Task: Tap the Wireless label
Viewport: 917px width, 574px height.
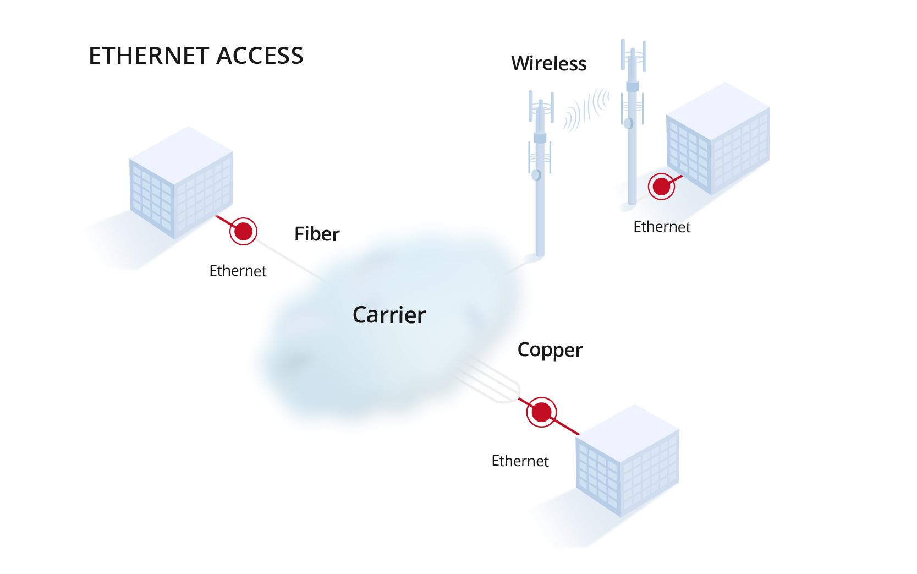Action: point(548,64)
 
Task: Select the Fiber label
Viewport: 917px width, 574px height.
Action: point(317,234)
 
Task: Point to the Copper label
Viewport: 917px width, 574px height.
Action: point(550,351)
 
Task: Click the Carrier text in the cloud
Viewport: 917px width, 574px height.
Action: point(389,315)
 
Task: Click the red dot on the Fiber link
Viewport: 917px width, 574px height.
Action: point(243,231)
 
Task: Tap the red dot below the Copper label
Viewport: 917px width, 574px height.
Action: point(541,412)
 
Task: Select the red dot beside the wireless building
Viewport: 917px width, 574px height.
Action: point(661,187)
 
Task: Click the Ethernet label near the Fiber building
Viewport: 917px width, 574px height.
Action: point(238,271)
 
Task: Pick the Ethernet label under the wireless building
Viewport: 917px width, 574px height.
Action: point(662,227)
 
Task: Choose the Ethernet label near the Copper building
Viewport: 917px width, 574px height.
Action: point(520,461)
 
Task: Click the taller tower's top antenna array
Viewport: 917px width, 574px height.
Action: point(633,55)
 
